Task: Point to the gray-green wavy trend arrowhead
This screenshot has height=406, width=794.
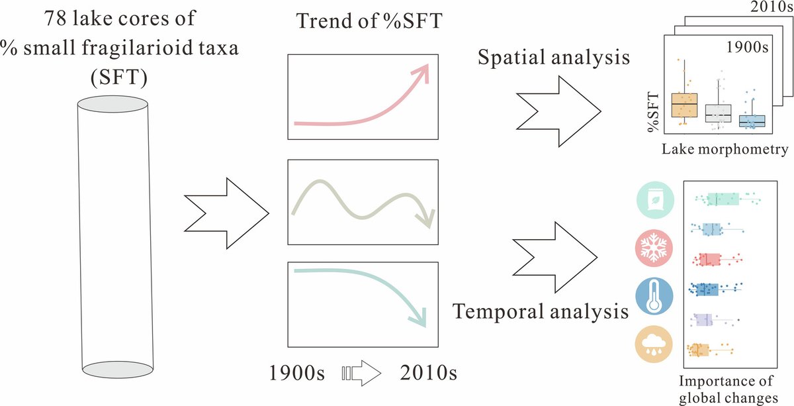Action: [x=427, y=218]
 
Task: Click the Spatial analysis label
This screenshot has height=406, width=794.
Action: [x=554, y=57]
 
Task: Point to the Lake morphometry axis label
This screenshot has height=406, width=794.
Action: [x=724, y=150]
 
